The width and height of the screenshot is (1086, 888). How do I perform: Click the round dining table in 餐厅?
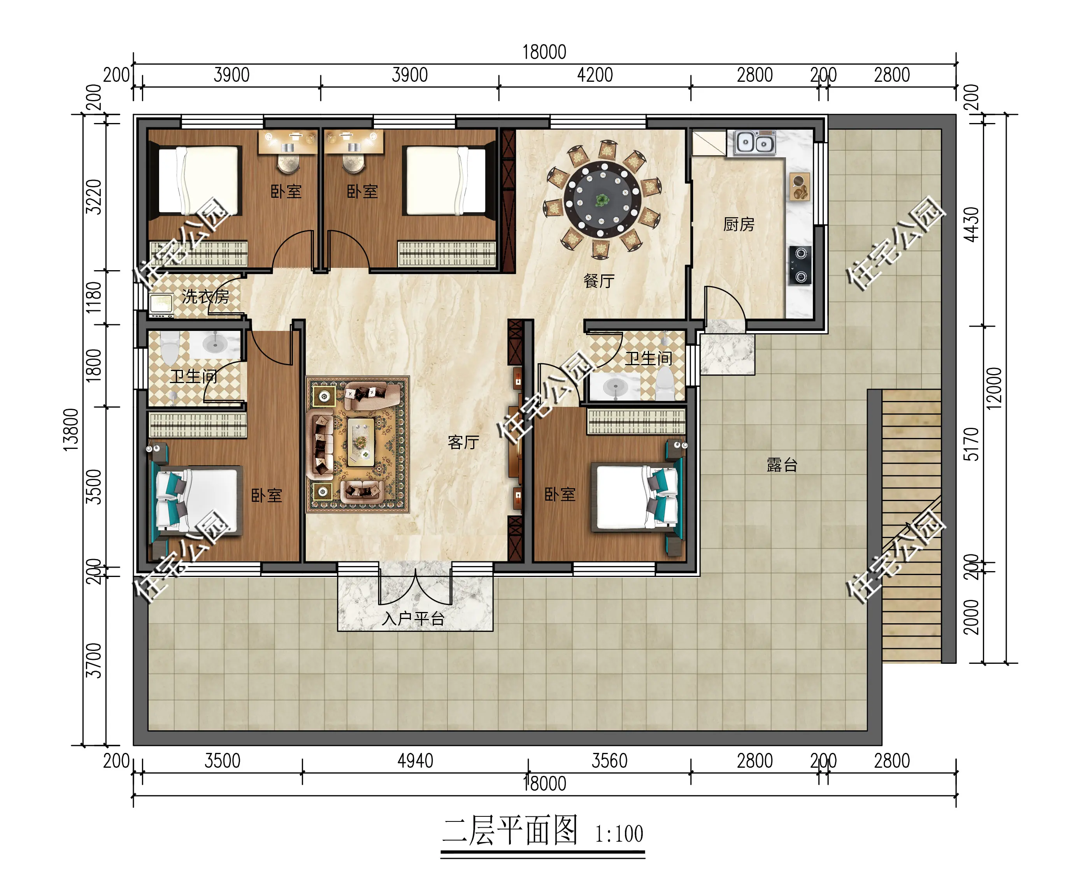[602, 199]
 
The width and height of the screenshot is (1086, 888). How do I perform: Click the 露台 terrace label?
[782, 464]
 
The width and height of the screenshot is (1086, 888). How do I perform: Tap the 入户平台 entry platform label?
[413, 619]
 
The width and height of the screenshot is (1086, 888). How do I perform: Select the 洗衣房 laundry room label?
[205, 296]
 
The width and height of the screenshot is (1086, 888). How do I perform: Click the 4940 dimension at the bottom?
[415, 761]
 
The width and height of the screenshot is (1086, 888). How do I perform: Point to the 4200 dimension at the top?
[595, 75]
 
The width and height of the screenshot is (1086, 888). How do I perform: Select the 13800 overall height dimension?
[71, 430]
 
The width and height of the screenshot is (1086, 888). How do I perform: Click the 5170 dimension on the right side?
[970, 444]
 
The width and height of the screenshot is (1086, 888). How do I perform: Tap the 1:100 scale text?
[619, 834]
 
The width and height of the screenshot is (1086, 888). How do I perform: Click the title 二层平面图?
[510, 831]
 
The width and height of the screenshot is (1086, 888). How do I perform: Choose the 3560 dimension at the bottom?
[609, 761]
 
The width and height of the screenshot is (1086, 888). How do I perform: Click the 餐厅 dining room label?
[599, 281]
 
